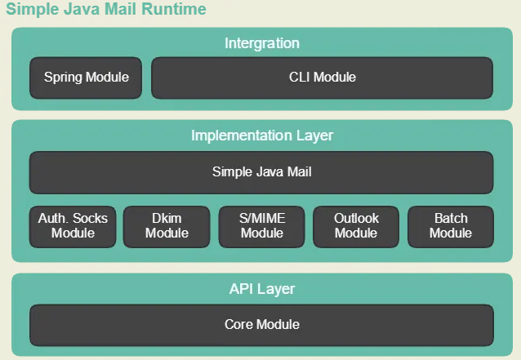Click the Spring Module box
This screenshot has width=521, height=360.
click(x=86, y=78)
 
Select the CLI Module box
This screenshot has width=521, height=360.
click(x=322, y=78)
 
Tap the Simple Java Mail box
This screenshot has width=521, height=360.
click(x=261, y=172)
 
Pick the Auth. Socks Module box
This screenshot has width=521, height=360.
click(x=73, y=226)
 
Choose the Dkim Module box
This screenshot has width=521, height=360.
click(x=167, y=226)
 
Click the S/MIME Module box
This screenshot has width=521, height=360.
click(x=261, y=226)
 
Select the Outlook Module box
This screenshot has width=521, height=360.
click(x=356, y=226)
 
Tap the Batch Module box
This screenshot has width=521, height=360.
click(x=451, y=226)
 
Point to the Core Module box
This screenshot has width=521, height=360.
click(x=261, y=325)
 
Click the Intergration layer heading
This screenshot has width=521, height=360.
click(x=261, y=43)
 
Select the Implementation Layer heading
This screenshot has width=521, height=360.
click(x=261, y=136)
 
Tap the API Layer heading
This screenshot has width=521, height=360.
click(x=261, y=289)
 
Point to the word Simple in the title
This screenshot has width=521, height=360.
click(x=30, y=10)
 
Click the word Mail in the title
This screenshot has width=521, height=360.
click(x=122, y=10)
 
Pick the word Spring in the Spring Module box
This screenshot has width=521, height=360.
click(x=63, y=78)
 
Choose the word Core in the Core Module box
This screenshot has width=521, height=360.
click(x=238, y=325)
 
